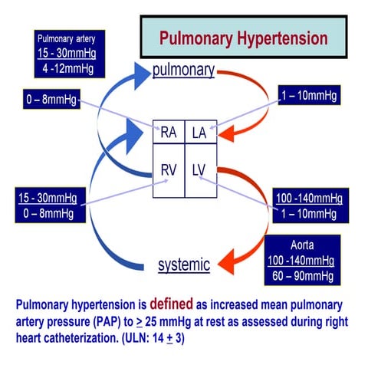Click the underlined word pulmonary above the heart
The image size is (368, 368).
point(182,70)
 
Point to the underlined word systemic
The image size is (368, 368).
point(184,265)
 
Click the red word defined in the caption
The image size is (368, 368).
point(186,302)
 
